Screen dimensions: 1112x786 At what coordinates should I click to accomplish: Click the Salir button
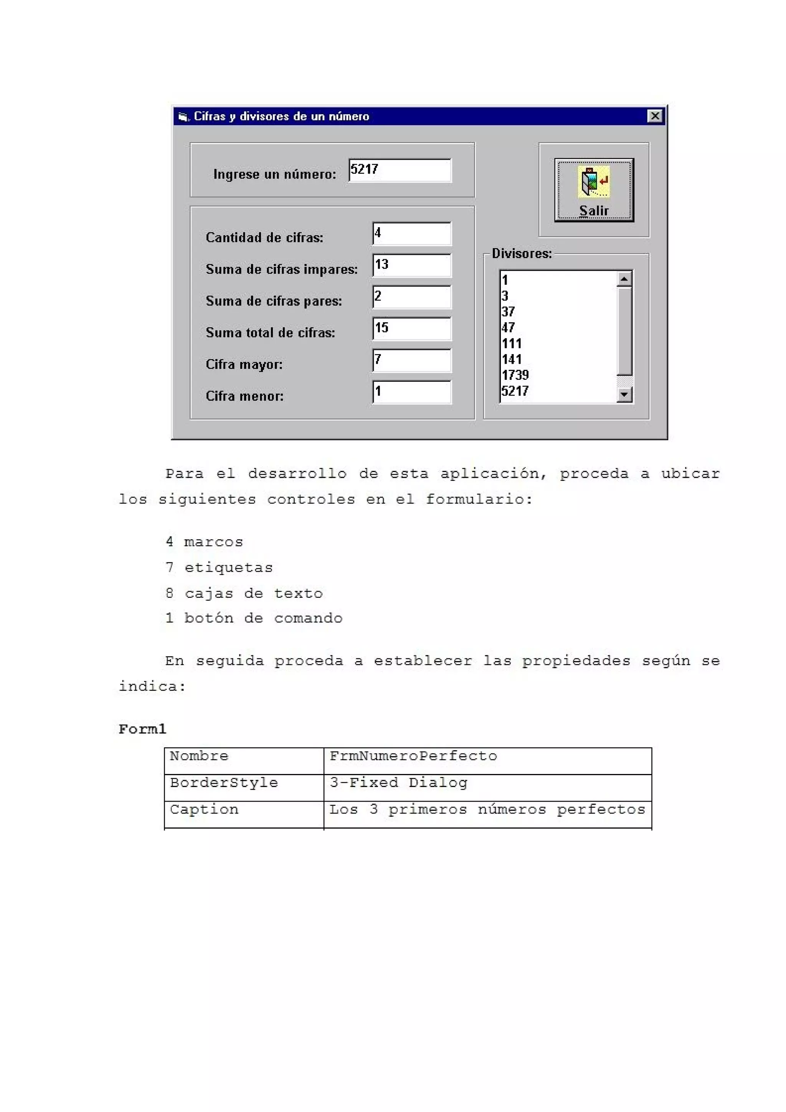[x=594, y=190]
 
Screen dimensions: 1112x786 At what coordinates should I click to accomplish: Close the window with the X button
[x=654, y=116]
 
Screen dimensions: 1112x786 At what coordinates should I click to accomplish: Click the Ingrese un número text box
[x=400, y=170]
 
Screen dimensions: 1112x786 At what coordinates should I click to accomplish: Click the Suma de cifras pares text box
[x=412, y=297]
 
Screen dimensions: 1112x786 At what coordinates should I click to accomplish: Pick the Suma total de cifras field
[x=412, y=329]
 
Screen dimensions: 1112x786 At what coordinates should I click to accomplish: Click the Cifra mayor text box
[x=412, y=360]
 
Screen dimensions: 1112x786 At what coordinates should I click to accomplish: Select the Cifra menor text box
[x=412, y=392]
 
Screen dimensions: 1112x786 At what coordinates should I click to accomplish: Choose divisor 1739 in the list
[x=515, y=375]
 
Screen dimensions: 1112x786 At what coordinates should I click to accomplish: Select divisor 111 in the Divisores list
[x=512, y=344]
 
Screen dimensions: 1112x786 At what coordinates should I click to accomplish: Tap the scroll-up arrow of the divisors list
[x=624, y=279]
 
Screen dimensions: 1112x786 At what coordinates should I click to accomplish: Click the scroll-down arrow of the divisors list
[x=624, y=395]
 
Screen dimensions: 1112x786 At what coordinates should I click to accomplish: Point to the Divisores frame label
[x=522, y=254]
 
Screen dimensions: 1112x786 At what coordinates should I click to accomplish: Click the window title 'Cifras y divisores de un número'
[x=281, y=117]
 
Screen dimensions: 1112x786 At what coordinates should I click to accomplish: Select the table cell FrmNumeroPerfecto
[x=413, y=756]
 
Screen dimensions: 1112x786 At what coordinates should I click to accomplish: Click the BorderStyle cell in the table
[x=224, y=783]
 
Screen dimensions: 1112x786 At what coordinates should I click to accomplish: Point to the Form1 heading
[x=142, y=729]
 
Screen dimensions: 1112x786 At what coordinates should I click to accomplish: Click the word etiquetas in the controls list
[x=229, y=568]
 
